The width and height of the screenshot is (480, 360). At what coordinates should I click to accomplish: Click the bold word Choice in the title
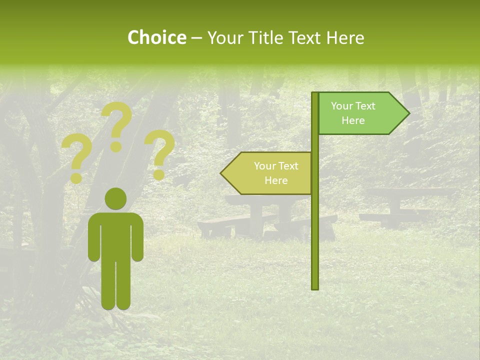point(156,38)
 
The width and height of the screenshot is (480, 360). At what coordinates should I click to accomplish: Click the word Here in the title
point(345,38)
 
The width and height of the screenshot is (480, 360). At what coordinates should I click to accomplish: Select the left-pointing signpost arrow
point(268,173)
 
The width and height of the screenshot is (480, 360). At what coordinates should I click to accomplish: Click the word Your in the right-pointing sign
point(341,106)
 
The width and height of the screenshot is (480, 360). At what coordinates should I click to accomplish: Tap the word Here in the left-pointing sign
point(276,180)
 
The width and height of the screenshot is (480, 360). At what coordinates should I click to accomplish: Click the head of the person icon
point(115,199)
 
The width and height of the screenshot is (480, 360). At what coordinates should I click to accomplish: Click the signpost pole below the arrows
point(315,240)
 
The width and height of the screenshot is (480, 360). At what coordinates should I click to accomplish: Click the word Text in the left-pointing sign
point(288,166)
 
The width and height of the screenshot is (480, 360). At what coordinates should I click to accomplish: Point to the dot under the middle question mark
point(116,146)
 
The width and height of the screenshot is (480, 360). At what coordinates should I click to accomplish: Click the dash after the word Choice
point(196,38)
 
